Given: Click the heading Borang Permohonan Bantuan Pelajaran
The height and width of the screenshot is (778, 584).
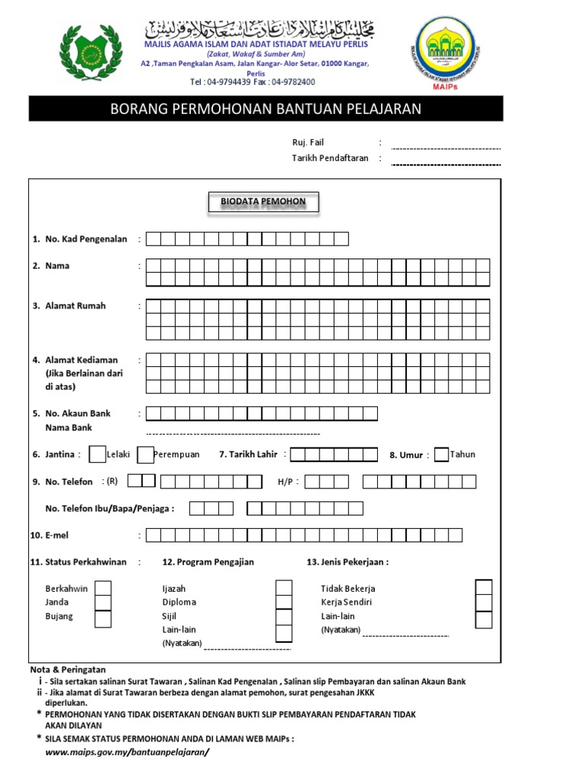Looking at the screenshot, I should click(265, 109).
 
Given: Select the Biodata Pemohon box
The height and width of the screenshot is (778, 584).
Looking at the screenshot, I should click(263, 202).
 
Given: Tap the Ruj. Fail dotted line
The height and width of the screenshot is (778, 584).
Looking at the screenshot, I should click(446, 148).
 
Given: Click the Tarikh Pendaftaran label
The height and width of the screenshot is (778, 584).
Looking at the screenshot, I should click(330, 158).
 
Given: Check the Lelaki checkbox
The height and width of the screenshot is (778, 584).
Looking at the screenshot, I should click(97, 454).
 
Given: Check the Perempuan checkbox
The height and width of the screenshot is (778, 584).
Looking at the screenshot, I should click(145, 454).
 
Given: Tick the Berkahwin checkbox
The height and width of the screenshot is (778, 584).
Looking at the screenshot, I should click(102, 589).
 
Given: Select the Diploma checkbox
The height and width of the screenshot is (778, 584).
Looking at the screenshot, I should click(284, 602).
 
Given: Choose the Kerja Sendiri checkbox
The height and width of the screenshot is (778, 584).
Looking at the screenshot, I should click(484, 603).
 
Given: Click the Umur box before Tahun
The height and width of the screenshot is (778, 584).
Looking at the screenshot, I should click(441, 454).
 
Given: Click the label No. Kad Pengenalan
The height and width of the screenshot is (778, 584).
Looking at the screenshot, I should click(85, 239).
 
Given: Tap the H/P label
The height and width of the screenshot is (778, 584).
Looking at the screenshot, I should click(288, 482).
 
